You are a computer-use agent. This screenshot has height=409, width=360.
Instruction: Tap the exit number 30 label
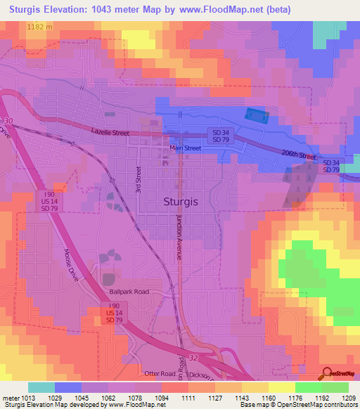pyautogui.click(x=7, y=122)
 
